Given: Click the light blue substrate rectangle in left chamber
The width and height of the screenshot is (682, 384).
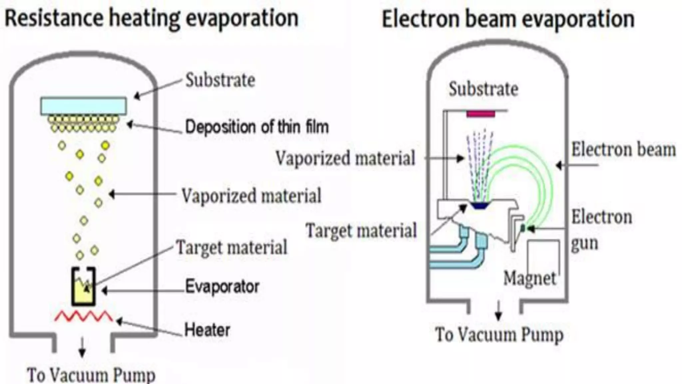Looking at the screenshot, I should coord(83,106).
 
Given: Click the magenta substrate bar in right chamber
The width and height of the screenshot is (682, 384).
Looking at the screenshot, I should coord(481,114).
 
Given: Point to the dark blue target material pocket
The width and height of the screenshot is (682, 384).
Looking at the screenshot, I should coord(480,205).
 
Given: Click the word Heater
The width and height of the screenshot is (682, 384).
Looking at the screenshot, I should coord(207,330).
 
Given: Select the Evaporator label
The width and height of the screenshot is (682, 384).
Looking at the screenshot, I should coord(222,287).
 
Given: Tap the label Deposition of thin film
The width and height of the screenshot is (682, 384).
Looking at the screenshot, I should coord(257,127).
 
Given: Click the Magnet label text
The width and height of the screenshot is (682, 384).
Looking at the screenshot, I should coord(529,278).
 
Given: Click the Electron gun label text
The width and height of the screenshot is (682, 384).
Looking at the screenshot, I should coord(601,230).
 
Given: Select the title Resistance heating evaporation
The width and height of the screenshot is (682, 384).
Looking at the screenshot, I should coord(152,18).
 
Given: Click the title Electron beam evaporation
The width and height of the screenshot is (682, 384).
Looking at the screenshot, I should coord(508,19).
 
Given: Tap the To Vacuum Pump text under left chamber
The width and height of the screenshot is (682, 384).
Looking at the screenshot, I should coord(91,375).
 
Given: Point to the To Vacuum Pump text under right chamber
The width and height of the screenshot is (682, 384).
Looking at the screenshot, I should coord(499,334).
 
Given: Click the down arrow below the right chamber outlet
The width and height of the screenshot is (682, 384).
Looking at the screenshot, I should coord(499,311).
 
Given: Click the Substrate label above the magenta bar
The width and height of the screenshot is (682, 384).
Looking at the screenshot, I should coord(484,89).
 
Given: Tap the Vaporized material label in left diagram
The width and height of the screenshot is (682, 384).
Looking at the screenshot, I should coord(251,195).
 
